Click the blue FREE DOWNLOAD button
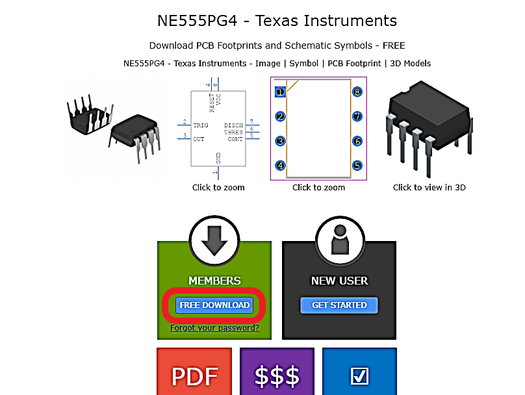tap(214, 305)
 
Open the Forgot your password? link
tap(214, 328)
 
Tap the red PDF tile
tap(194, 375)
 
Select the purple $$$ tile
tap(277, 375)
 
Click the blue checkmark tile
tap(359, 375)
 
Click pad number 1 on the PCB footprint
tap(280, 92)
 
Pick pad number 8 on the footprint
tap(357, 92)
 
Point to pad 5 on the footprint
tap(357, 166)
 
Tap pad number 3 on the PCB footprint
tap(280, 141)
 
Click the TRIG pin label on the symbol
tap(201, 125)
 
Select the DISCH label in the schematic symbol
tap(233, 125)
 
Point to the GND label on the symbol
tap(218, 158)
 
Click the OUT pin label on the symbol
tap(198, 138)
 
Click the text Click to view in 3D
tap(429, 187)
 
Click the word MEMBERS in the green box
tap(214, 281)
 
